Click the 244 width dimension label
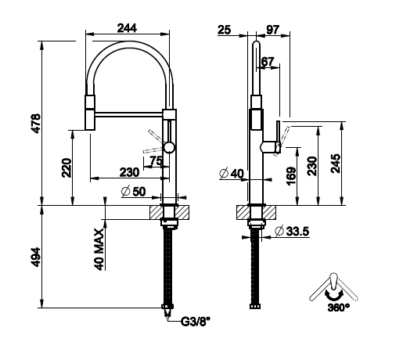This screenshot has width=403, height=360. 127,28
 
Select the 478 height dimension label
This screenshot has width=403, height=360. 35,124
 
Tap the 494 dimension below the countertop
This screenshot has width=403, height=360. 35,257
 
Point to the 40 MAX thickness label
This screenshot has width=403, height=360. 99,250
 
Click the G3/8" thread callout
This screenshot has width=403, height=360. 196,322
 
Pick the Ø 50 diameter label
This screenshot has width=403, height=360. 133,192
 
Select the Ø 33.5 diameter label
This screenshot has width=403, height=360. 292,231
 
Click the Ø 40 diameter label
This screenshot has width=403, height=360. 232,174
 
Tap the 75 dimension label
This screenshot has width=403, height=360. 157,161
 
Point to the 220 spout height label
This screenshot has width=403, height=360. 67,167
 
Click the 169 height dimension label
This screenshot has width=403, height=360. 291,176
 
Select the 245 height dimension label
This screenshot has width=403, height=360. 336,164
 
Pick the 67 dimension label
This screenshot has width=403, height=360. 268,62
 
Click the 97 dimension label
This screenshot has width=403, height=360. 273,30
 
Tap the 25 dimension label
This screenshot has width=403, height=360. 225,30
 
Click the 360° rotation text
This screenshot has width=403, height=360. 338,308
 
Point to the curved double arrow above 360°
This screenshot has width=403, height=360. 334,297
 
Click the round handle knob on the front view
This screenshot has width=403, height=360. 169,147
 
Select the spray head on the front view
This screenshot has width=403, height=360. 90,113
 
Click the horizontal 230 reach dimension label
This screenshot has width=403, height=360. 129,172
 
